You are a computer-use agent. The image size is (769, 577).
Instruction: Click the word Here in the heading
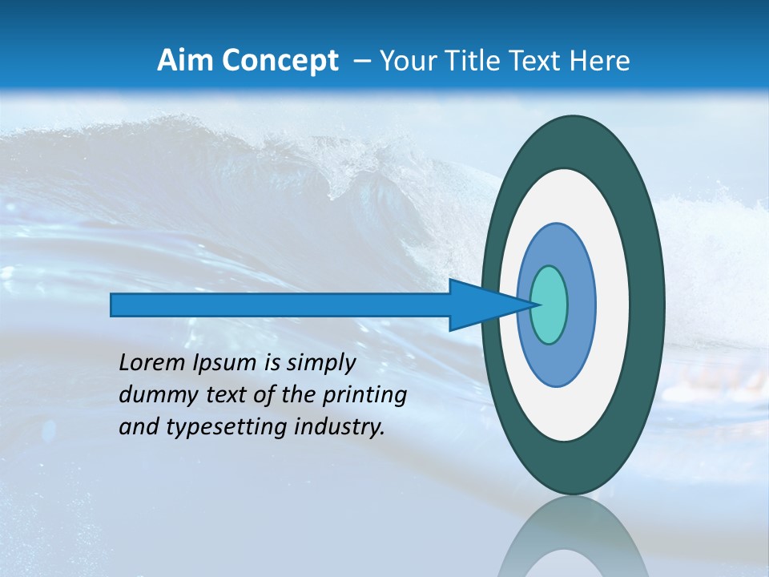tap(600, 61)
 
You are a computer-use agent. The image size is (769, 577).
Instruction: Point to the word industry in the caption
tap(340, 427)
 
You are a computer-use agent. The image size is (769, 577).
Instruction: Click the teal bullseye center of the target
tap(550, 305)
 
